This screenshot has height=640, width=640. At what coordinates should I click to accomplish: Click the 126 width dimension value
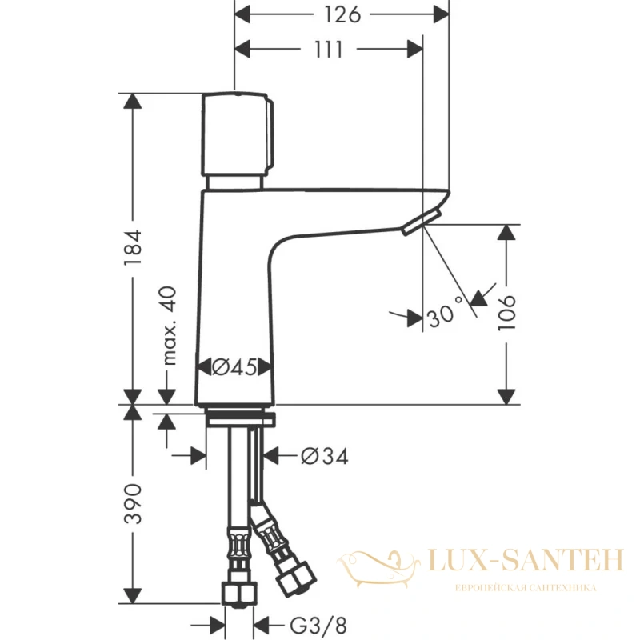tap(342, 14)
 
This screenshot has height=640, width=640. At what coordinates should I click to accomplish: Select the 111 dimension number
tap(328, 50)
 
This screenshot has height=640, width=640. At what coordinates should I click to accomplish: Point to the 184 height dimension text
tap(133, 247)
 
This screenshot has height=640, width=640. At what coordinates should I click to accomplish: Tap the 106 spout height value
tap(507, 313)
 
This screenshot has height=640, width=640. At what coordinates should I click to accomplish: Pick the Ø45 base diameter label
tap(234, 367)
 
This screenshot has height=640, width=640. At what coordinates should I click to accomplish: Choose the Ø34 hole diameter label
tap(325, 456)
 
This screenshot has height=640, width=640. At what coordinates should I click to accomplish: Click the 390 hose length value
tap(133, 504)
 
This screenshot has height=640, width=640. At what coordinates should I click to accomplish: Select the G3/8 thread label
tap(318, 626)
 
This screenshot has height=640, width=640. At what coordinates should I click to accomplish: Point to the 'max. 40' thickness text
tap(170, 326)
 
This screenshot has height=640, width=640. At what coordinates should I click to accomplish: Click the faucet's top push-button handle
tap(237, 134)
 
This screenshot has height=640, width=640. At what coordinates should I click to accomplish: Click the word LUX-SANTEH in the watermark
tap(526, 560)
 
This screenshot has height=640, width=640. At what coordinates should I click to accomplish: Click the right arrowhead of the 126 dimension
tap(442, 14)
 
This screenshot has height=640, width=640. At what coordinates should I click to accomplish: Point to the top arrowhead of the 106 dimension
tap(507, 232)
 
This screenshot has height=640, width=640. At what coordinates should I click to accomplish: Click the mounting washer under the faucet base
tap(241, 420)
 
